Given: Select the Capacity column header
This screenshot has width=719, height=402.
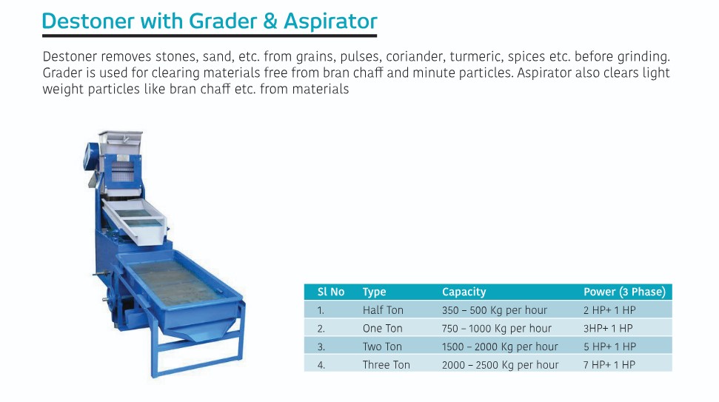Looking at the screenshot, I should click(464, 292).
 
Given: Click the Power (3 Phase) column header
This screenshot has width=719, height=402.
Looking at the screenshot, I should click(623, 292).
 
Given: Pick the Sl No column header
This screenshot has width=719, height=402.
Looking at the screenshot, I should click(331, 292).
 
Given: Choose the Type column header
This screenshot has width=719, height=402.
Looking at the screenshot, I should click(374, 292).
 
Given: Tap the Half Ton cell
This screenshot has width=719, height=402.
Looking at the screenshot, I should click(383, 310).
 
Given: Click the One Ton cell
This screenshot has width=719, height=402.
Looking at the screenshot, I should click(382, 328).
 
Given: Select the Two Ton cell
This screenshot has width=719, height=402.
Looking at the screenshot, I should click(382, 346).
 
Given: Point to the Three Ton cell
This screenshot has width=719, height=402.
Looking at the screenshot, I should click(386, 364).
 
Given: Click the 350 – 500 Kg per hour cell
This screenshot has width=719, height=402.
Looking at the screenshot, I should click(494, 310).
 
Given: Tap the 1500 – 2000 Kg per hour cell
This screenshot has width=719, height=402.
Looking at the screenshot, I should click(500, 346).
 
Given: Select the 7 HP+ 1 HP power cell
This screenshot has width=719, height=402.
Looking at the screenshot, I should click(609, 364).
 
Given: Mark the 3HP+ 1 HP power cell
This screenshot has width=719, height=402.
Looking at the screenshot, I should click(607, 328).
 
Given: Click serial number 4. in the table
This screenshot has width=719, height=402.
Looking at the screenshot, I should click(321, 364).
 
